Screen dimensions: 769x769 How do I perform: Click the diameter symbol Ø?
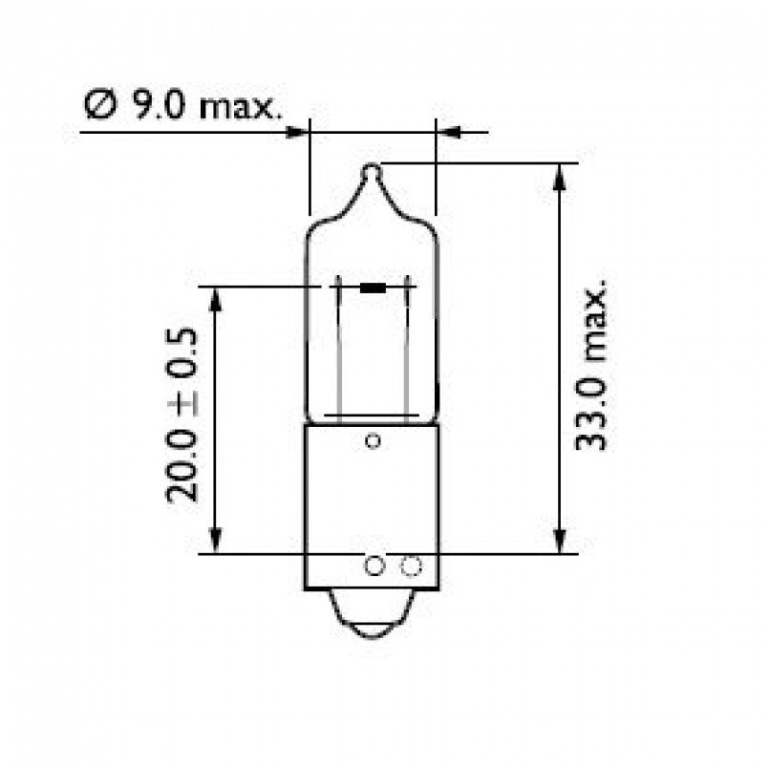[x=98, y=106]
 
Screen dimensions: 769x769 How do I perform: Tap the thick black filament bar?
[x=374, y=287]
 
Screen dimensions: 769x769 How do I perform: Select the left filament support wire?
[x=338, y=349]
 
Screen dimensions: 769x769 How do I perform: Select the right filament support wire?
[x=407, y=349]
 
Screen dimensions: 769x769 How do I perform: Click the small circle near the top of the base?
[x=374, y=441]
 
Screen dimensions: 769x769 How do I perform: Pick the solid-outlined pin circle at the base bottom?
[x=374, y=567]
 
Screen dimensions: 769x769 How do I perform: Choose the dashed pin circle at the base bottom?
[x=411, y=567]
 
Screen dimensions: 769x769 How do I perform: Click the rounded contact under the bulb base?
[x=374, y=616]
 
